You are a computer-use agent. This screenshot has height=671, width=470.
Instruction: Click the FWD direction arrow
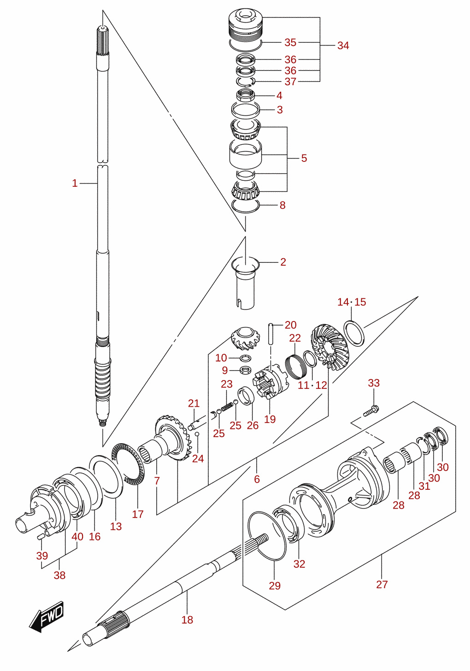[x=46, y=617]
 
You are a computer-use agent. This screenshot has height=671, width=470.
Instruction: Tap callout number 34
[x=343, y=46]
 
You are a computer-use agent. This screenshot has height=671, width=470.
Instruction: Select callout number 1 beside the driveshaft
[x=75, y=183]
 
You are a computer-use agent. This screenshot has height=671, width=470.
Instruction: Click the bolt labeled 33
[x=371, y=410]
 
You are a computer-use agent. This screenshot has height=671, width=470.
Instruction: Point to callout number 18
[x=187, y=620]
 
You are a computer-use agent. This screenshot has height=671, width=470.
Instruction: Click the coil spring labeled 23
[x=227, y=407]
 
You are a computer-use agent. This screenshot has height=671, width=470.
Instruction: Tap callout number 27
[x=382, y=584]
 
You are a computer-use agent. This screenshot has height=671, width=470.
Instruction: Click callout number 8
[x=282, y=205]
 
